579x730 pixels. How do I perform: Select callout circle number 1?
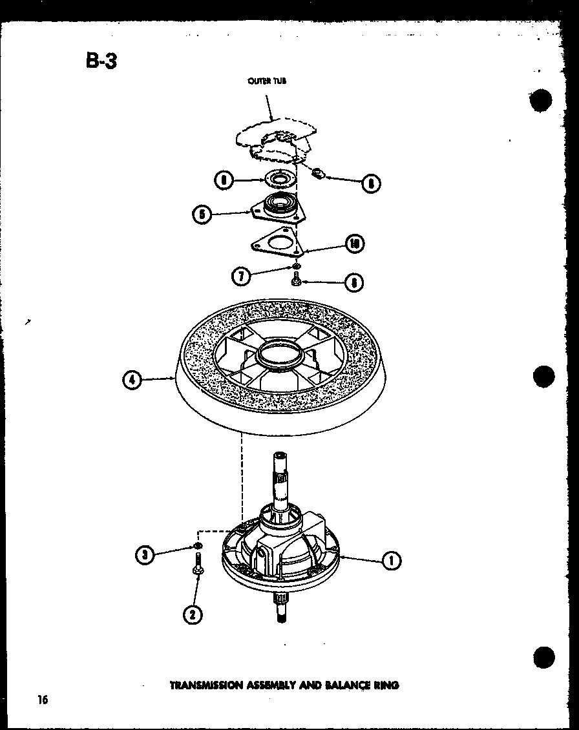tap(390, 561)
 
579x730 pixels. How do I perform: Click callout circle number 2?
tap(191, 614)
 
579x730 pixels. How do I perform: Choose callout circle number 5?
tap(202, 214)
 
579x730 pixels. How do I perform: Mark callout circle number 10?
tap(354, 244)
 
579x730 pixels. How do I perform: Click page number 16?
tap(43, 700)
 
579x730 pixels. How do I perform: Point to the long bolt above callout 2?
tap(196, 568)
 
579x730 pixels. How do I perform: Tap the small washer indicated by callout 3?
tap(196, 548)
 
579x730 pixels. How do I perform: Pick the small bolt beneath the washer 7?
tap(297, 280)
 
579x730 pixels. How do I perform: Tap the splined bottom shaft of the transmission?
tap(282, 609)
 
